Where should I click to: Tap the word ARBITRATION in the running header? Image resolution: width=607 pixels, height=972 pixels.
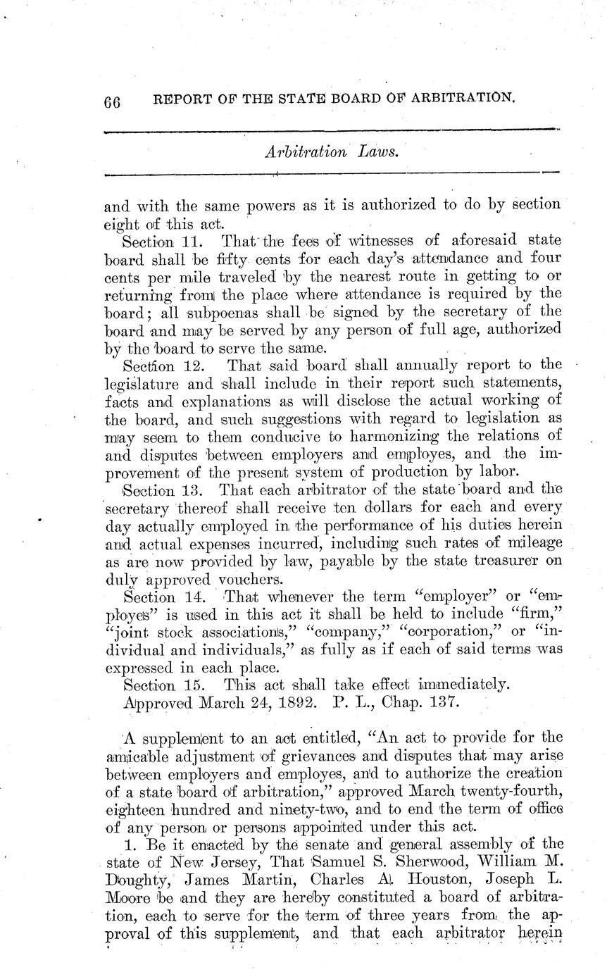tap(460, 98)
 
